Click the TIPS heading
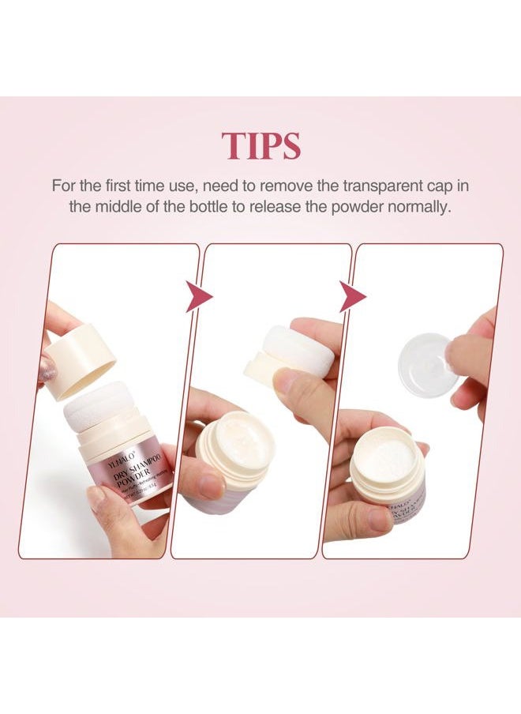[260, 146]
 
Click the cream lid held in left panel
[79, 360]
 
